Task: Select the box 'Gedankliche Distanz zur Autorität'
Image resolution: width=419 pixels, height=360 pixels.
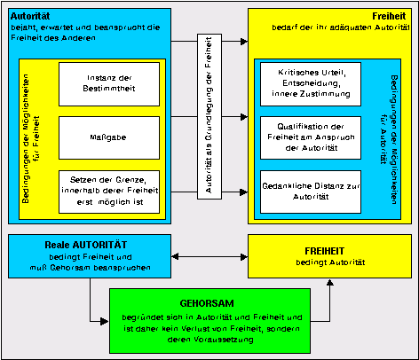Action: (311, 192)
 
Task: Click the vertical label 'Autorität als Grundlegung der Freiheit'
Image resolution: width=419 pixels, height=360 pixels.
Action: (208, 114)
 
